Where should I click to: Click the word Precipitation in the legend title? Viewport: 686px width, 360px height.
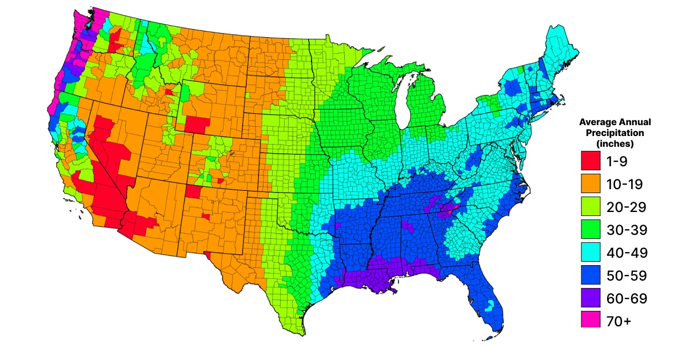click(x=615, y=133)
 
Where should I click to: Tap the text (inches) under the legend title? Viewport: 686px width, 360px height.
click(x=615, y=143)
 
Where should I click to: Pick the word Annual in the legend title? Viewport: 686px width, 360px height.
click(x=636, y=122)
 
